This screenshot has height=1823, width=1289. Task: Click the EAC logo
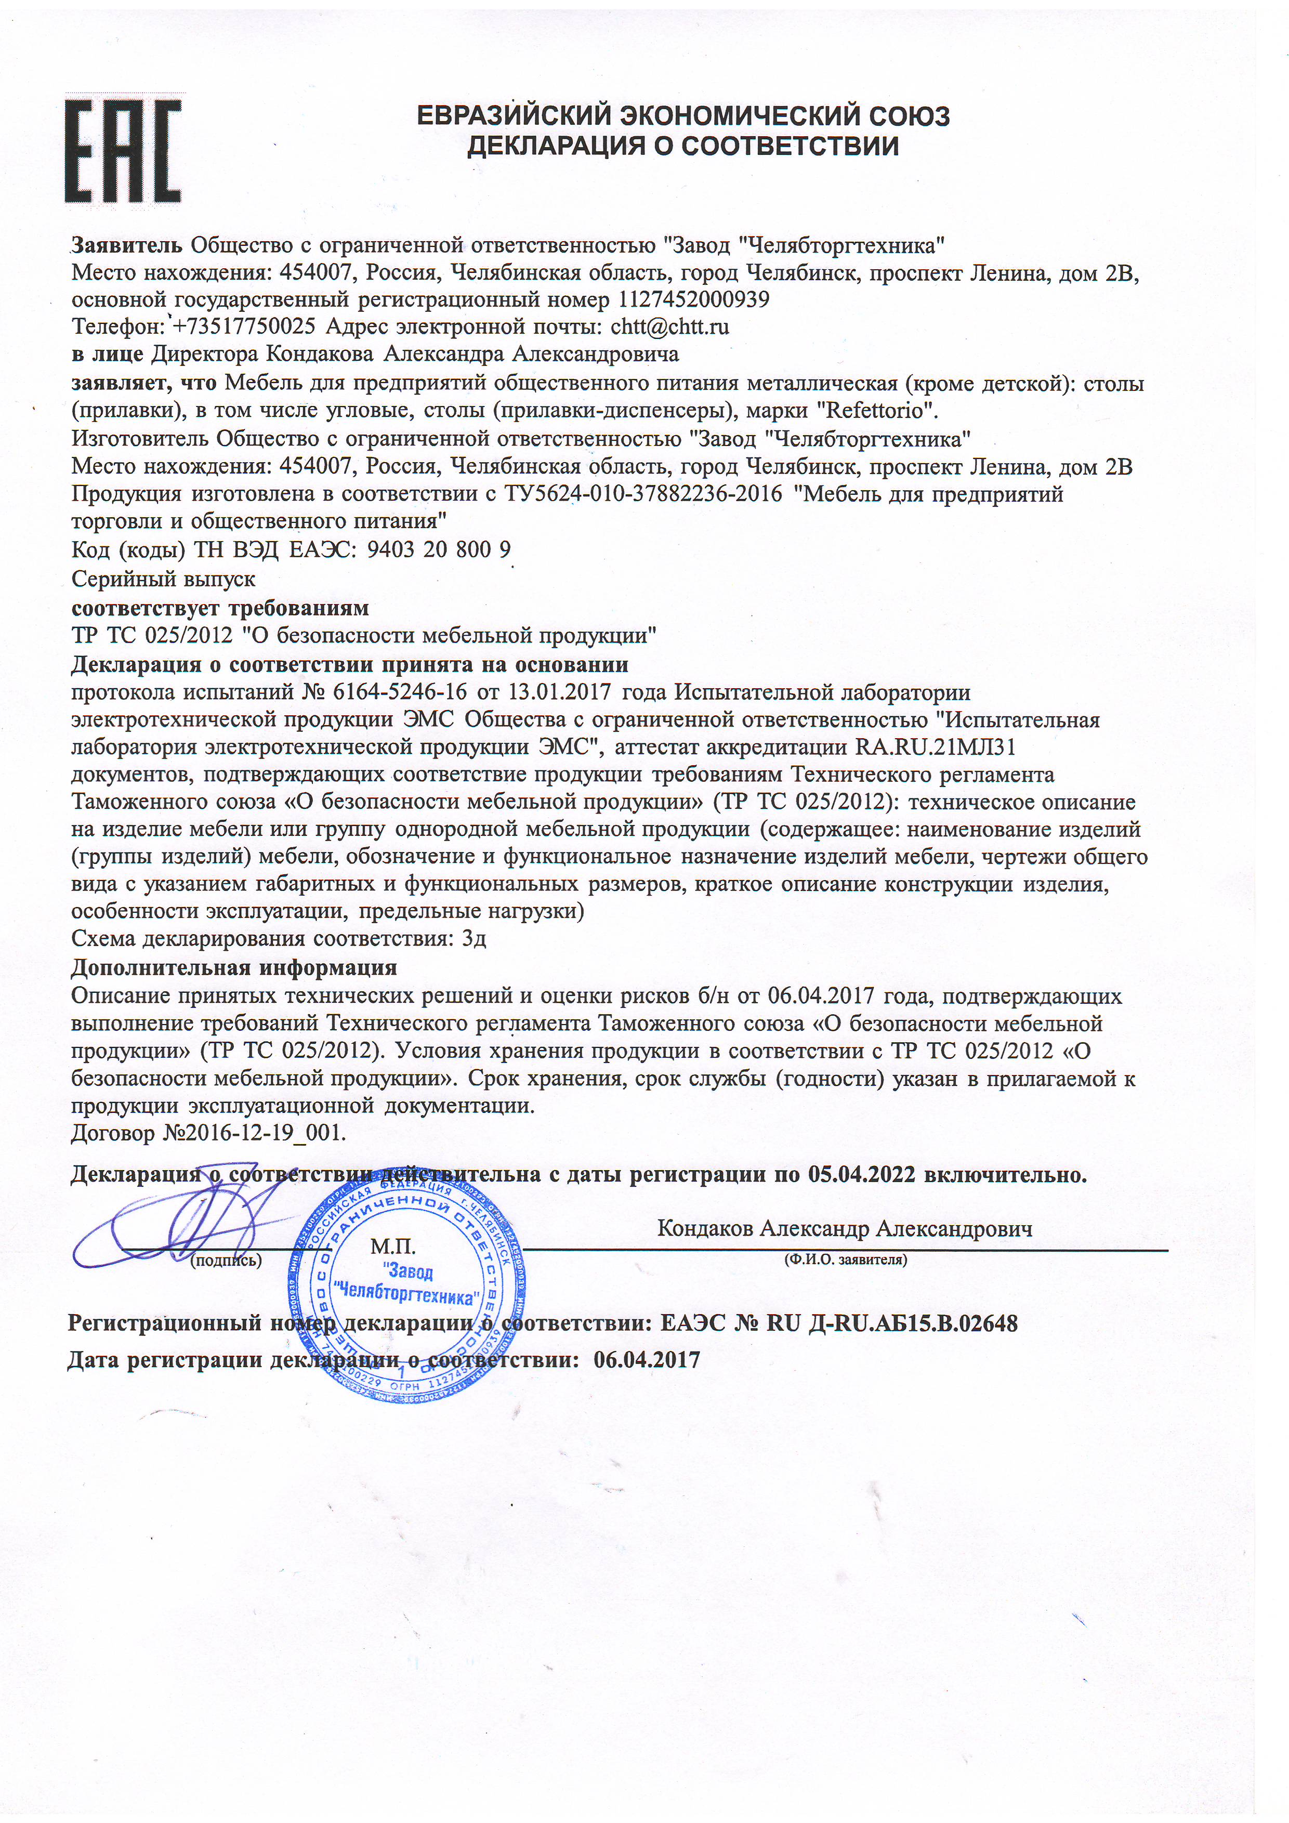[123, 152]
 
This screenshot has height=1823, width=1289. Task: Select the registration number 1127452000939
[691, 300]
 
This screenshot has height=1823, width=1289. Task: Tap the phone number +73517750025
[244, 326]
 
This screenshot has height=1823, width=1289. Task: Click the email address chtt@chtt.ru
[669, 326]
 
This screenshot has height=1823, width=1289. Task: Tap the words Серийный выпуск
[164, 579]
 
